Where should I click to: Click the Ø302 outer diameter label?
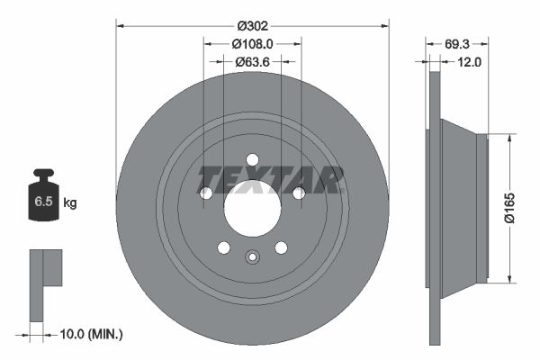coord(252,24)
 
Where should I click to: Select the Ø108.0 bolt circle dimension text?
coord(252,43)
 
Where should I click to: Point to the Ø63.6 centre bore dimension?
coord(252,62)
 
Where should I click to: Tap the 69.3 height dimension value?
coord(461,43)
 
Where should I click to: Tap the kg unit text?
coord(71,203)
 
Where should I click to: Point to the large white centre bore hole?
coord(252,208)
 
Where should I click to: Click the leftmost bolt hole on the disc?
coord(205,193)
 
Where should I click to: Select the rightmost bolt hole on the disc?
coord(299,193)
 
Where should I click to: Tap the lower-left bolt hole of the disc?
coord(223,247)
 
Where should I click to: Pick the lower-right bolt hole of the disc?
coord(281,247)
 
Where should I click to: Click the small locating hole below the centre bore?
coord(252,259)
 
